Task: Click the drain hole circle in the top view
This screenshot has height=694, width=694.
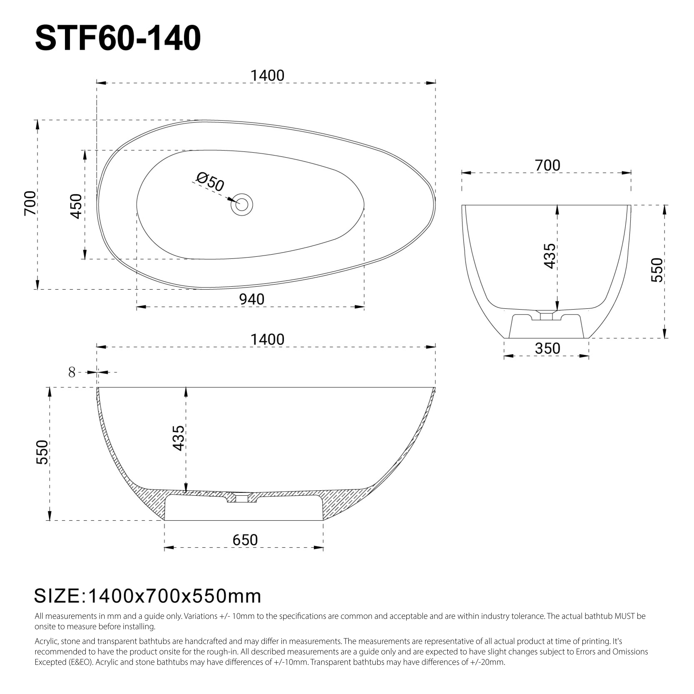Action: [x=242, y=205]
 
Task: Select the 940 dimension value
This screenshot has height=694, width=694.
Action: [x=252, y=299]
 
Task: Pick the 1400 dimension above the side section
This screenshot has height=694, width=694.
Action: [x=267, y=339]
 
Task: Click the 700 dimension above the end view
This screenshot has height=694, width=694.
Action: [x=547, y=166]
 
